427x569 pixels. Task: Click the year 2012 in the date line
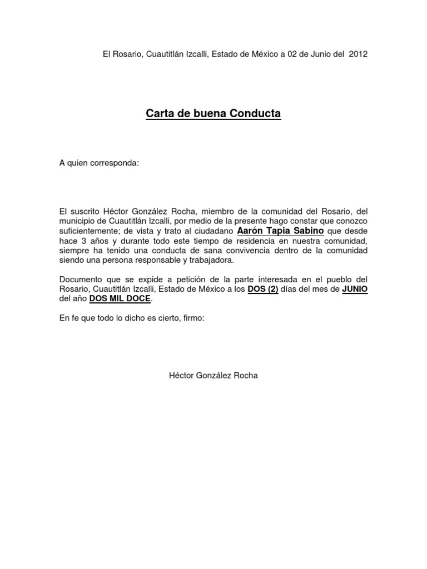click(358, 54)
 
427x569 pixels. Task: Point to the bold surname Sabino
click(306, 230)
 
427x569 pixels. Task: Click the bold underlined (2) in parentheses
click(270, 289)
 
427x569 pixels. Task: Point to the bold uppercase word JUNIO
click(354, 289)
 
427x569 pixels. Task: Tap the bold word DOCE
click(138, 298)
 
